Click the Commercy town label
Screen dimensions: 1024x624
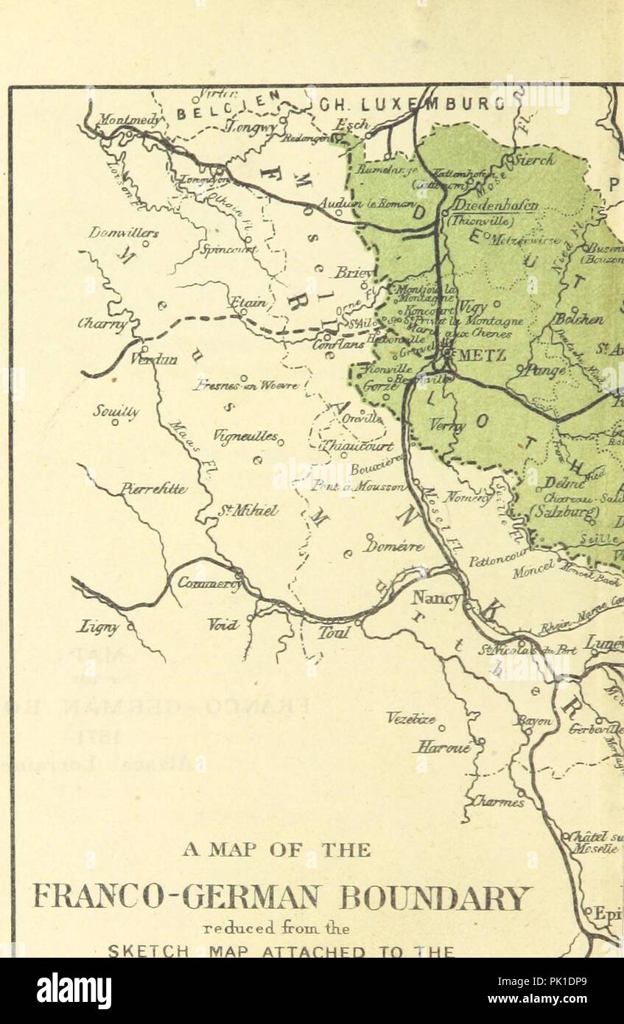pyautogui.click(x=209, y=583)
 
